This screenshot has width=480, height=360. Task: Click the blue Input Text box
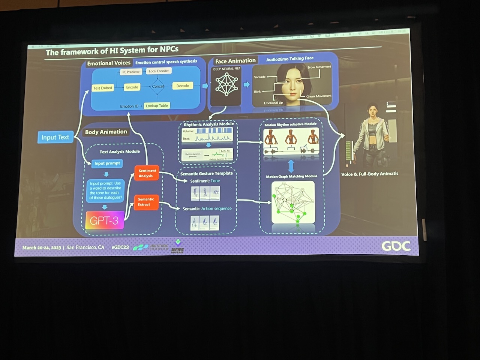tap(55, 137)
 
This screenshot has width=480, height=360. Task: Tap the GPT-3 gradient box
tap(105, 220)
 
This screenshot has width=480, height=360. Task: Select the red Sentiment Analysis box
tap(147, 173)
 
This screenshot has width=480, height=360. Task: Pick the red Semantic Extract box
tap(146, 202)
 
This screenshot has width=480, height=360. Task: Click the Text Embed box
tap(103, 88)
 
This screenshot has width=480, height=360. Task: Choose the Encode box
tap(132, 87)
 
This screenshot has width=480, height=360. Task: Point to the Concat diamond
tap(158, 86)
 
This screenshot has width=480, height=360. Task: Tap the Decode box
tap(183, 86)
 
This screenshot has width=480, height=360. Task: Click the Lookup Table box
tap(157, 106)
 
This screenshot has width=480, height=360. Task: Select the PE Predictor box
tap(131, 72)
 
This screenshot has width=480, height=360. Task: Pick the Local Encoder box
tap(159, 71)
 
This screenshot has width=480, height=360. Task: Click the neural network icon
tap(226, 84)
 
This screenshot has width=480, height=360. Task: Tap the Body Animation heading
tap(106, 132)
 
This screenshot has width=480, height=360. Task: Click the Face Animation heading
tap(235, 61)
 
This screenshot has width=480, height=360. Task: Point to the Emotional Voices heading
tap(109, 63)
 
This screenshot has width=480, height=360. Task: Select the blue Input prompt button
tap(107, 163)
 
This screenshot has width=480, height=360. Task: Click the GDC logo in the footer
tap(396, 246)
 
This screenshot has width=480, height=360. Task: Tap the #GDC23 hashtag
tap(120, 247)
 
